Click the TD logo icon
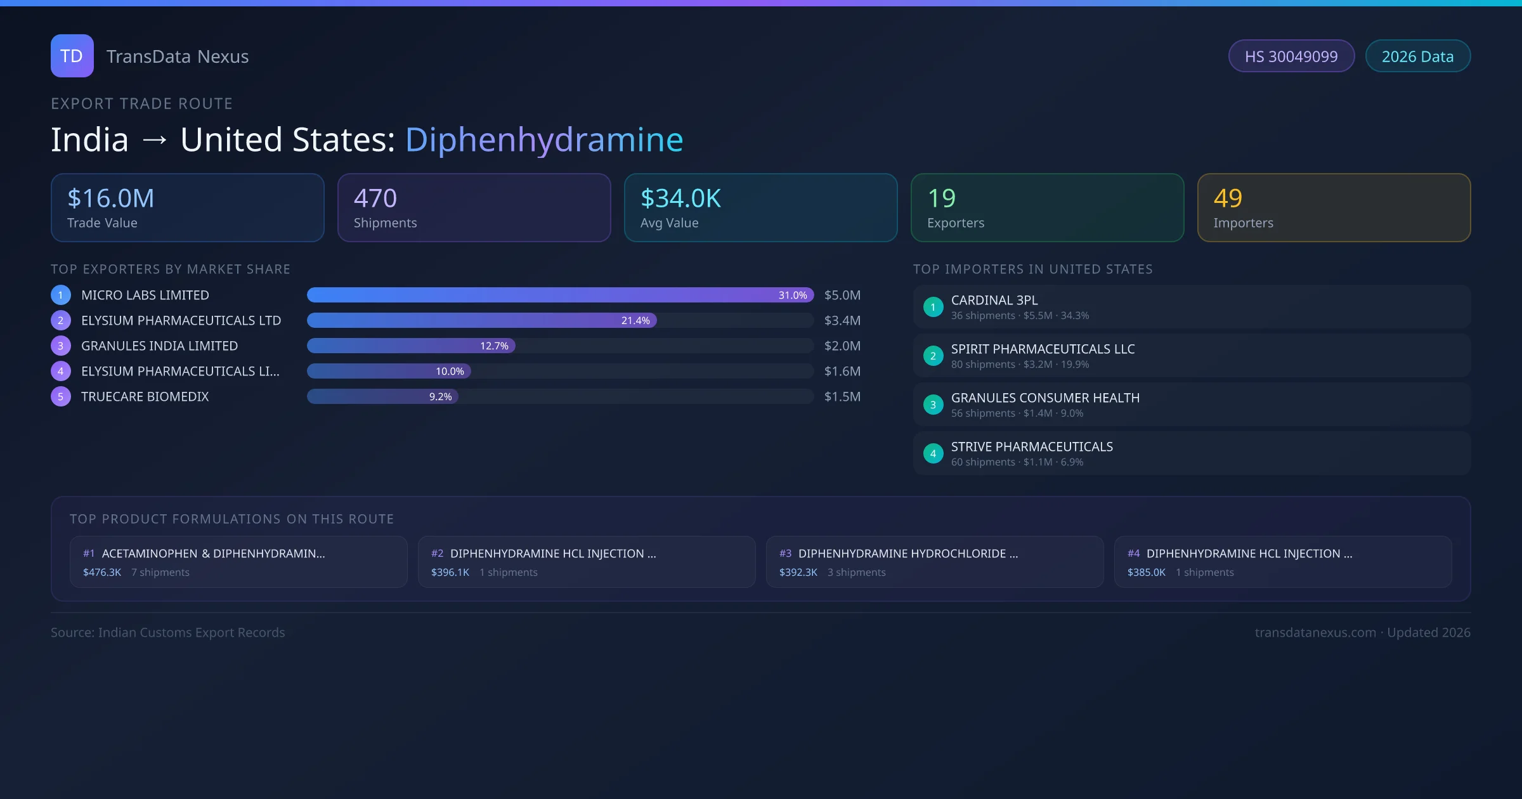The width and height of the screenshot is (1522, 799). [x=72, y=56]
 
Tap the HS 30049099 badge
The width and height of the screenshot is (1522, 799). [x=1291, y=56]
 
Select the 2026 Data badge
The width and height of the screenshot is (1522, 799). [x=1417, y=56]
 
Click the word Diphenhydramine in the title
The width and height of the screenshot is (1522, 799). [x=543, y=140]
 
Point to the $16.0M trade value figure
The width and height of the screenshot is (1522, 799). [x=110, y=198]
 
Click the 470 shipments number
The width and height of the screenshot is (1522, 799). [x=375, y=198]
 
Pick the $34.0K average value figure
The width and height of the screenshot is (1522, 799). [x=680, y=198]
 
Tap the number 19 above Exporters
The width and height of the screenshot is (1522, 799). [x=941, y=198]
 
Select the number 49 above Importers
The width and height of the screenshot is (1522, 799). [x=1228, y=198]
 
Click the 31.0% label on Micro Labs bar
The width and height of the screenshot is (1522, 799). [x=793, y=296]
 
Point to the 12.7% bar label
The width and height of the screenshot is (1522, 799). [x=494, y=346]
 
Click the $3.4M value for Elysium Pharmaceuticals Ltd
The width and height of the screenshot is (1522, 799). [x=842, y=321]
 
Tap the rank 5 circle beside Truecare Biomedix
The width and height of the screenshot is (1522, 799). [x=61, y=397]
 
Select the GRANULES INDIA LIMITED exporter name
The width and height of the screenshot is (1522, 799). [x=159, y=346]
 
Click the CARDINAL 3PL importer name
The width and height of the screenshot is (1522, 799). [x=994, y=301]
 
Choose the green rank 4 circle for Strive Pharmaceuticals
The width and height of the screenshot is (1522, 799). [x=933, y=454]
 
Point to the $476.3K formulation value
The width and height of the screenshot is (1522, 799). [x=102, y=573]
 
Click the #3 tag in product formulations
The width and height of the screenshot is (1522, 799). [x=785, y=554]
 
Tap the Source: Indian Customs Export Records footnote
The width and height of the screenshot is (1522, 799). [x=168, y=633]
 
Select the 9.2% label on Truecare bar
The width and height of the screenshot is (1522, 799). [x=440, y=397]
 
